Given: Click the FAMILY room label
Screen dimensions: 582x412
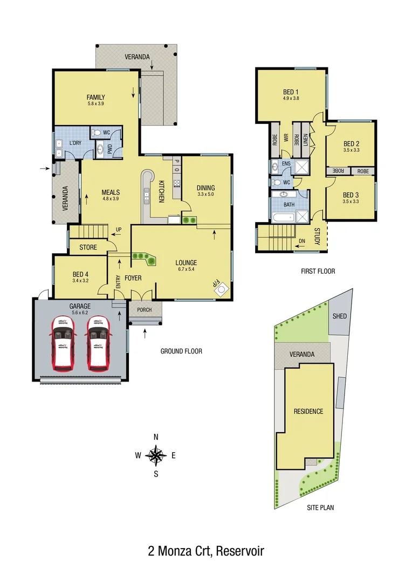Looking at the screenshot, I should tap(96, 98).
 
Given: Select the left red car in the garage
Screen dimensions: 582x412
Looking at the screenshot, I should tap(63, 344).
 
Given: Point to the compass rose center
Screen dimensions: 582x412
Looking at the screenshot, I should tap(156, 455).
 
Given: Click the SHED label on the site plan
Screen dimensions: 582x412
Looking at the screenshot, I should tap(340, 316).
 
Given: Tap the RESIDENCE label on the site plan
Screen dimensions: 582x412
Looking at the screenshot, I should tap(308, 411).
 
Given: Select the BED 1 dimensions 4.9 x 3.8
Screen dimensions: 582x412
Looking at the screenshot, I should tap(291, 98).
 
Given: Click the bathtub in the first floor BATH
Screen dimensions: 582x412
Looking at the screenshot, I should tap(283, 218).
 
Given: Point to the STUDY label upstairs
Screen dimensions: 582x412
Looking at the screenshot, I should tap(317, 237).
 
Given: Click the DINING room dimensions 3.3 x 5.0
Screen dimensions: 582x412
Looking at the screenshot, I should tap(206, 194).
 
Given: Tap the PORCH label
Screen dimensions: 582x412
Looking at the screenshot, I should tap(145, 310).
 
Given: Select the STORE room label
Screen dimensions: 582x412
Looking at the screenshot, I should tap(88, 248).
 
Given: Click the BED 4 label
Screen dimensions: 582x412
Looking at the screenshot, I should tap(80, 274).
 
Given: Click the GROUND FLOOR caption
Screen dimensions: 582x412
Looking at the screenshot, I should tap(181, 351).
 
